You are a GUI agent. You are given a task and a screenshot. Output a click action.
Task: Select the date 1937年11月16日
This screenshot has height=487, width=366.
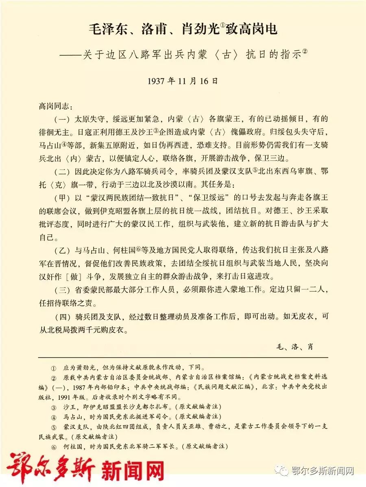[183, 81]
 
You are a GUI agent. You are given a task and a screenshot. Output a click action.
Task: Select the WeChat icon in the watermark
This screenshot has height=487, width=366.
[280, 470]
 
